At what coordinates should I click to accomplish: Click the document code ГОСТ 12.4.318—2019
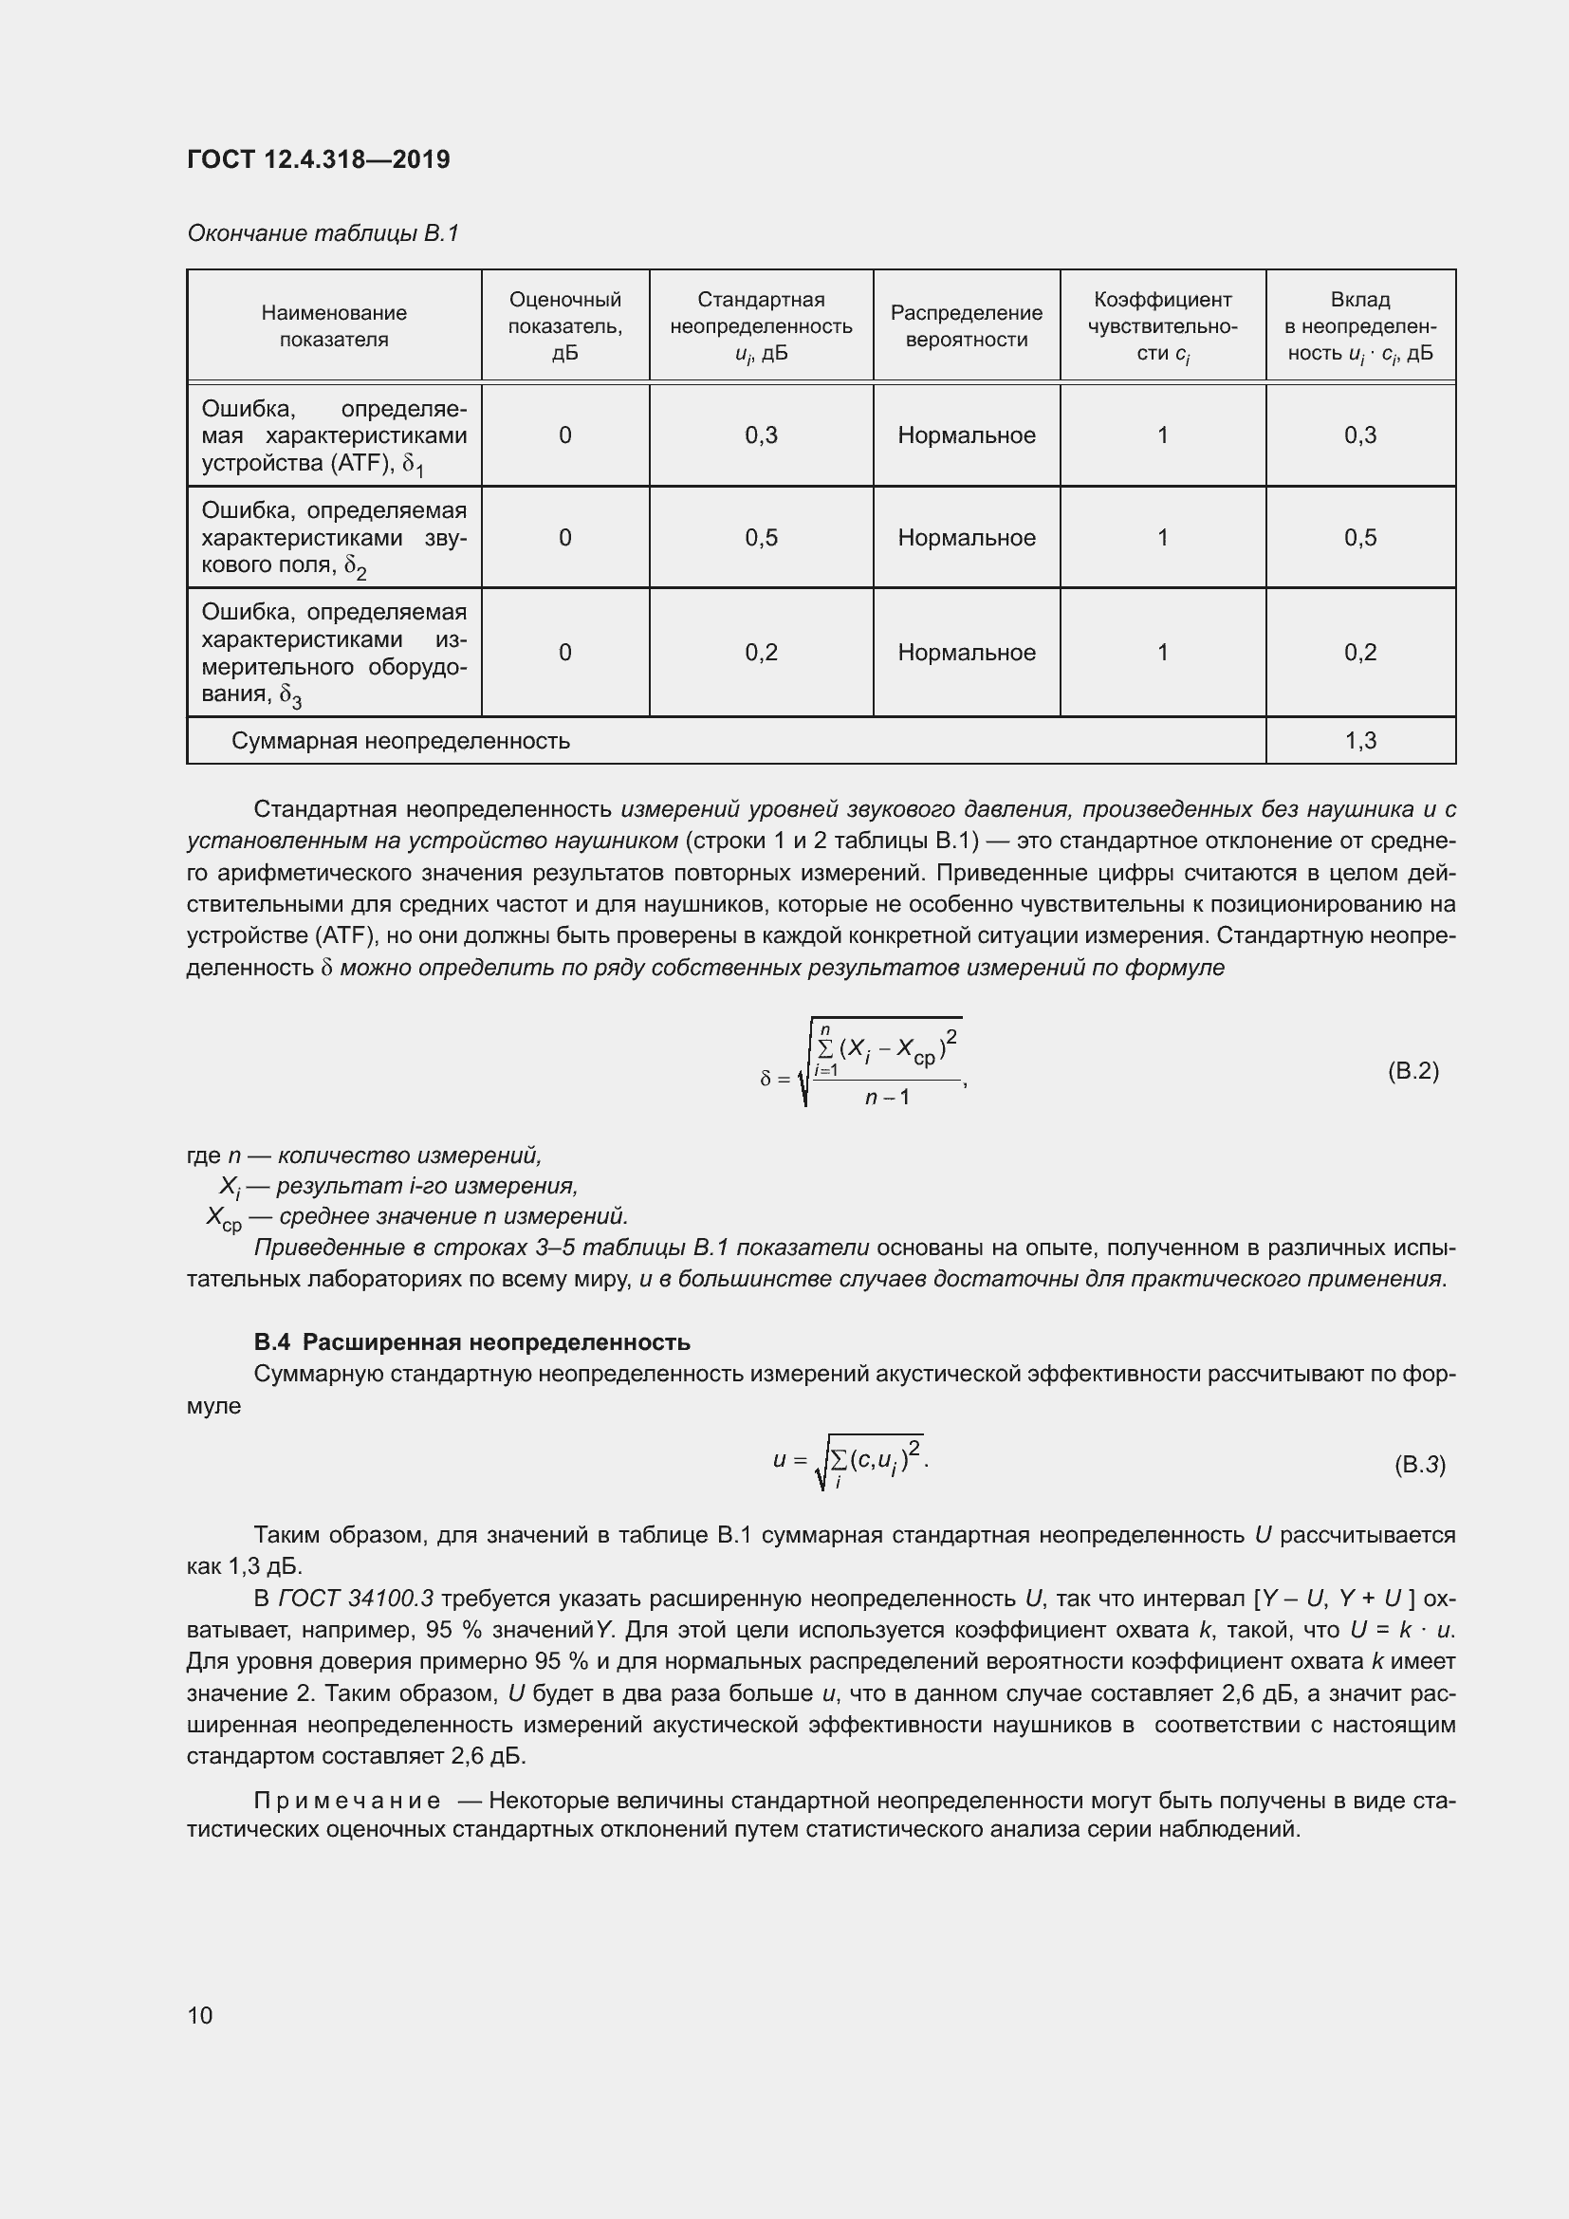[318, 159]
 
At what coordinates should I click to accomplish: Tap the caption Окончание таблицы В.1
[323, 233]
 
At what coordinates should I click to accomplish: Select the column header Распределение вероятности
[966, 325]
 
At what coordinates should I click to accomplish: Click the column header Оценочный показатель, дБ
[565, 325]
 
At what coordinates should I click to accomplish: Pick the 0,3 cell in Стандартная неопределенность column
[762, 435]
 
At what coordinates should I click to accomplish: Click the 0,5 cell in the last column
[1359, 537]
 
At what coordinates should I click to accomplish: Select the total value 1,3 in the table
[1359, 740]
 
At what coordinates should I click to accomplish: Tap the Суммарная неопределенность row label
[400, 740]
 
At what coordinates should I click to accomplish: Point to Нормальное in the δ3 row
[966, 653]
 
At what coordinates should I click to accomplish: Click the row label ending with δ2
[333, 538]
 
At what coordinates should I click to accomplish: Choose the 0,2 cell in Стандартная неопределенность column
[762, 653]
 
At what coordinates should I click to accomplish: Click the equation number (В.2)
[1412, 1070]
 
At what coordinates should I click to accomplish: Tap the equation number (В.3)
[1419, 1464]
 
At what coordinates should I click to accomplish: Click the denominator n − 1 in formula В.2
[887, 1097]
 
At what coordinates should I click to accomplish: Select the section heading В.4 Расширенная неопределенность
[471, 1341]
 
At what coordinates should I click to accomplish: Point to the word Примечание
[347, 1801]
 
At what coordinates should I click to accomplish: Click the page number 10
[200, 2015]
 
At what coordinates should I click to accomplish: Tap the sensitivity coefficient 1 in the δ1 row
[1162, 435]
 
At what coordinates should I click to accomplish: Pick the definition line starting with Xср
[417, 1216]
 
